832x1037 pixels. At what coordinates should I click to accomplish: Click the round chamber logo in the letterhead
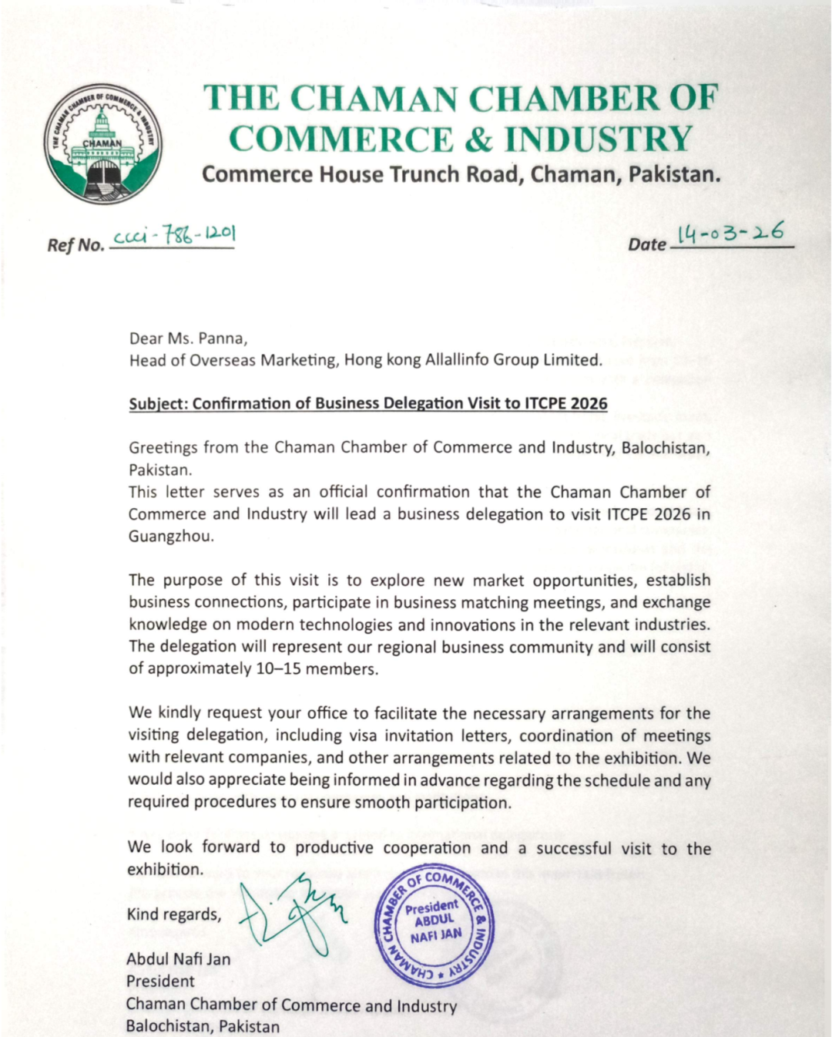102,144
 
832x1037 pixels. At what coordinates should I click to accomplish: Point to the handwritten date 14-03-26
730,233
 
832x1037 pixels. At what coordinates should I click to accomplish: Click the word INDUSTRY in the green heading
599,140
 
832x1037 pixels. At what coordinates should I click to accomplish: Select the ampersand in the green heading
478,140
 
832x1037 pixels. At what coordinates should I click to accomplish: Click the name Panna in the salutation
222,338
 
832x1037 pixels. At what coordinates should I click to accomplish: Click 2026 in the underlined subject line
589,404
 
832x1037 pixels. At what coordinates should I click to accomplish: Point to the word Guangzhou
171,537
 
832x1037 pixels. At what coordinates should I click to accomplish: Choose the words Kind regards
174,915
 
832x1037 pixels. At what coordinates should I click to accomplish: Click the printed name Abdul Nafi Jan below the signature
179,960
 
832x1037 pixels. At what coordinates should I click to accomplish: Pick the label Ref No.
75,245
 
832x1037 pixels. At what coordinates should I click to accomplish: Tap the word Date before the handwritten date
646,244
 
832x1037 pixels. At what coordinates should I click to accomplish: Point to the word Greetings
163,448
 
